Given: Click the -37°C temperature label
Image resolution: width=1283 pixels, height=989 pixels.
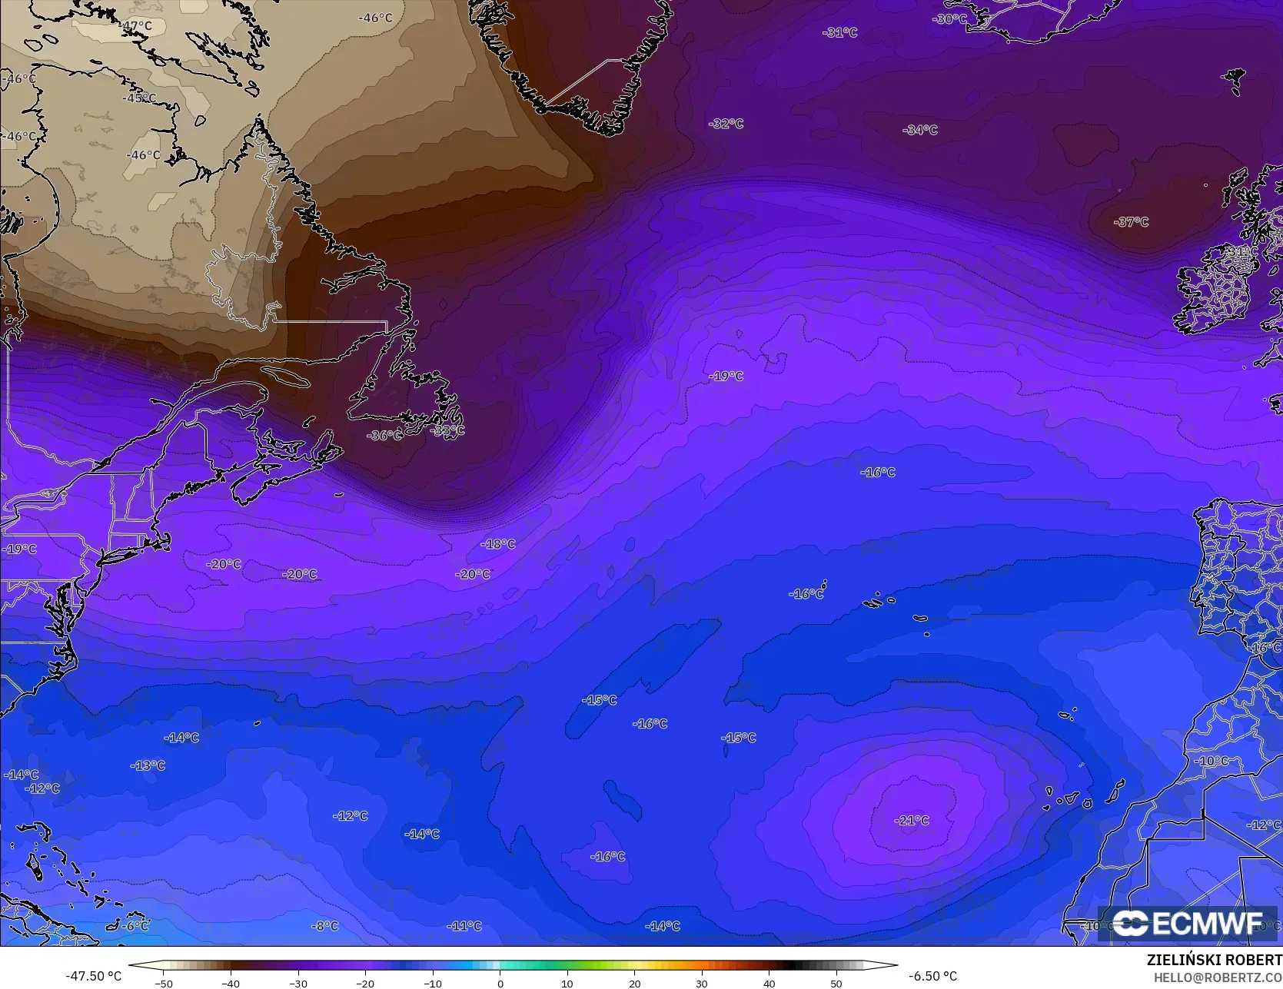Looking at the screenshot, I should click(1131, 222).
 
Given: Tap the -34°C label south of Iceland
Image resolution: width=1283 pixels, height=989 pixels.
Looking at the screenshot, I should click(920, 130).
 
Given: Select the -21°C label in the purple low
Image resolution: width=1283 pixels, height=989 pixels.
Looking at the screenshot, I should click(912, 821).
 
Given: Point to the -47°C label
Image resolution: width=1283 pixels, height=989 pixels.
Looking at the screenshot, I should click(135, 26).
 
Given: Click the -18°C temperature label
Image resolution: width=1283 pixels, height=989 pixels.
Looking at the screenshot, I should click(498, 544).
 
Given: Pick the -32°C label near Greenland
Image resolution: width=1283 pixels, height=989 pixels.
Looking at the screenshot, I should click(726, 124).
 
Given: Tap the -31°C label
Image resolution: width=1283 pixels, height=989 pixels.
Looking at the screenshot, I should click(839, 32).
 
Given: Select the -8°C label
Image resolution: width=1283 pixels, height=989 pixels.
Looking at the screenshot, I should click(324, 926).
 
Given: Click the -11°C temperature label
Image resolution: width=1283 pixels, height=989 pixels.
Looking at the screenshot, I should click(464, 926).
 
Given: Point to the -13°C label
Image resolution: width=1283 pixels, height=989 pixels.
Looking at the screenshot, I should click(148, 765).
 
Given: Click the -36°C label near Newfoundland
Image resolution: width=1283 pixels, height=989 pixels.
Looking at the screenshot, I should click(384, 435).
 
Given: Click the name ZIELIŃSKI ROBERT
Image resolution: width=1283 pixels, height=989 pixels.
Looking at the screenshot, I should click(1214, 960).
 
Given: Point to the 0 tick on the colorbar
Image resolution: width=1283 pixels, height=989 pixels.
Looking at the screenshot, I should click(500, 983).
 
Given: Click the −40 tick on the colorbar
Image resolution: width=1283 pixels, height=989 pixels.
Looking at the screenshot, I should click(231, 983).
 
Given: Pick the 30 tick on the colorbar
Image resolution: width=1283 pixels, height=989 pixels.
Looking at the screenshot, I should click(702, 983).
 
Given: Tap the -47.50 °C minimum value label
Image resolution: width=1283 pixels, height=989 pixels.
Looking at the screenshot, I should click(93, 976).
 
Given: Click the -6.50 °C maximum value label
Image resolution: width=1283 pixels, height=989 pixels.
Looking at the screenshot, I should click(932, 976).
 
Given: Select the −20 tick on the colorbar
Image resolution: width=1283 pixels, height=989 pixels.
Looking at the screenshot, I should click(365, 983).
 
